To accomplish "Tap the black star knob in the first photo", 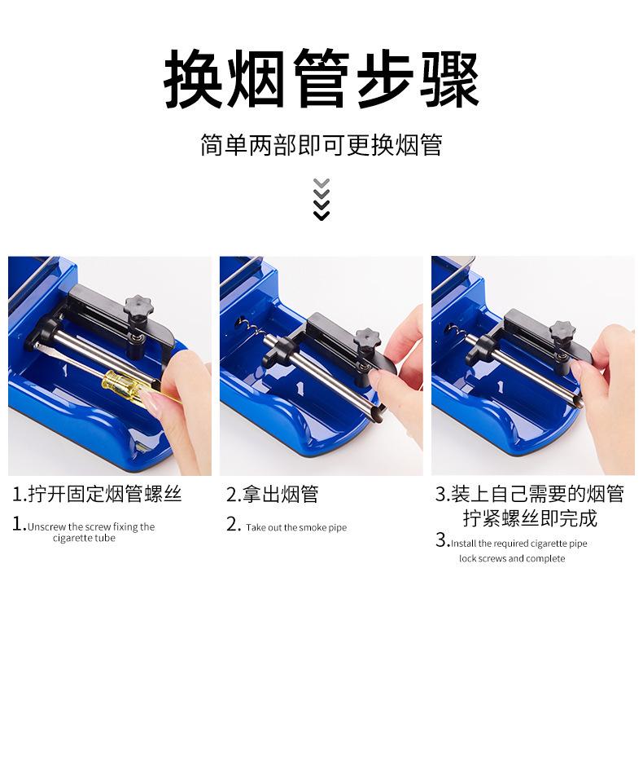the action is pos(138,307).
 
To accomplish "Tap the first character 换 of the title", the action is pos(193,78).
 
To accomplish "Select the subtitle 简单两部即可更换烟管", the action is pos(321,145).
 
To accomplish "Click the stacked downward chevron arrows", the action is pos(321,199).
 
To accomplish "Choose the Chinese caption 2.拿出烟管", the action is pos(272,495).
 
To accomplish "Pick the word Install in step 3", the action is pos(463,544).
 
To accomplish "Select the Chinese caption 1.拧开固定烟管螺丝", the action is pos(97,495).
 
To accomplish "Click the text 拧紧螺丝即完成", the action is pos(530,518).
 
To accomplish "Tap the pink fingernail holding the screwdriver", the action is pos(150,400).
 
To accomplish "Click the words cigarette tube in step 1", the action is pos(84,538).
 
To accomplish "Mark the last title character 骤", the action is pos(449,78).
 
